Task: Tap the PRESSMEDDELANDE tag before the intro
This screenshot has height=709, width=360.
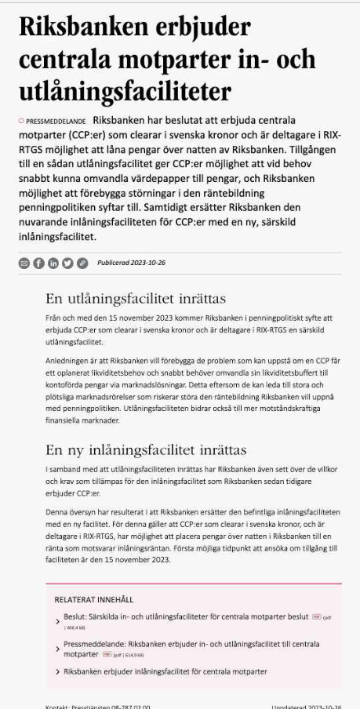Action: [x=56, y=123]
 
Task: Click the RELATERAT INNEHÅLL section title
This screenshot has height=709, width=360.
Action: [x=95, y=599]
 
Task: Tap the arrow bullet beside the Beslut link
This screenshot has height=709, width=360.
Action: [x=57, y=621]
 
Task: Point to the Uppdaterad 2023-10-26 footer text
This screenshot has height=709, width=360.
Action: [x=306, y=705]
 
